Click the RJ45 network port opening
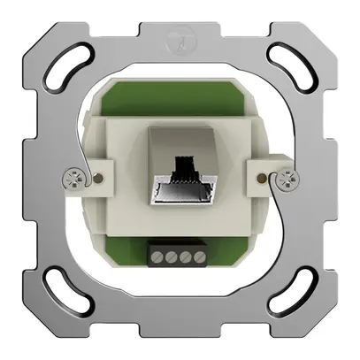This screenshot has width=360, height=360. (x=180, y=190)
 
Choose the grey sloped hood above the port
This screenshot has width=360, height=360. (x=180, y=142)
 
